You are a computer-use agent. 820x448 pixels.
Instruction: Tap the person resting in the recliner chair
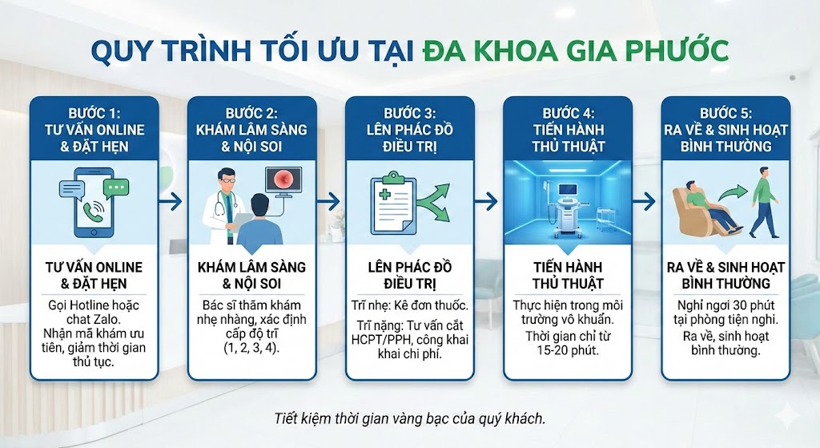pyautogui.click(x=699, y=210)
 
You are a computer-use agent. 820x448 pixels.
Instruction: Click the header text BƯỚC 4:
pyautogui.click(x=568, y=112)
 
